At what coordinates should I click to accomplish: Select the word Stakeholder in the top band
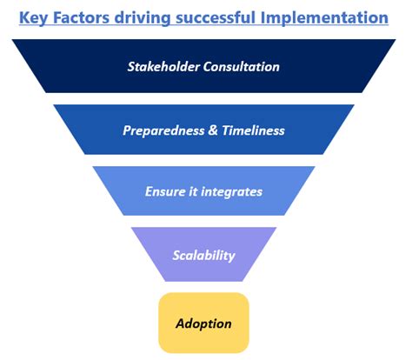165,65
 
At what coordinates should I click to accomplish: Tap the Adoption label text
203,323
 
